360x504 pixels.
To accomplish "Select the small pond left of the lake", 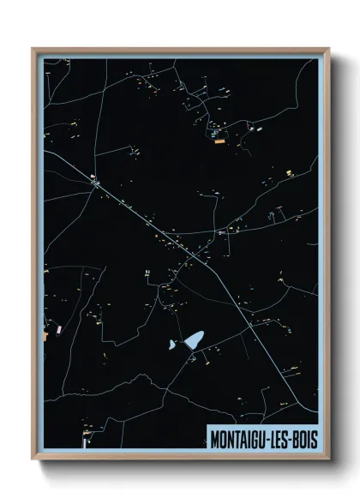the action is click(172, 346).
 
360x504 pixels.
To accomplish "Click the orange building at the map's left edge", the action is click(45, 337).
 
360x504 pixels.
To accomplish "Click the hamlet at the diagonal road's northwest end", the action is click(94, 181).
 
